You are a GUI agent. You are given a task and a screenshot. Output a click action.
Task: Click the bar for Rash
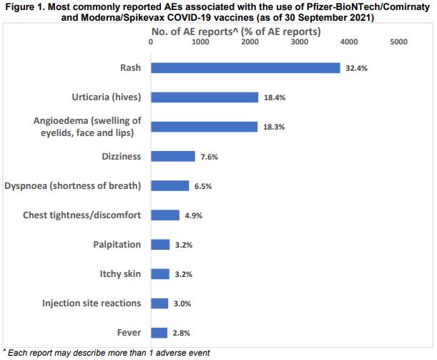coord(245,68)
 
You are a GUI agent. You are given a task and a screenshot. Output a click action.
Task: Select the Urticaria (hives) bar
coord(205,97)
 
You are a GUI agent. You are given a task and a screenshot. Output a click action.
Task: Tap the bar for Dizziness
coord(172,156)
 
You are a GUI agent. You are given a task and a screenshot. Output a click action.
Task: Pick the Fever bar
coord(159,333)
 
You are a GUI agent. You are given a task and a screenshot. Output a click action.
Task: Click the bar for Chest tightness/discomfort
coord(165,215)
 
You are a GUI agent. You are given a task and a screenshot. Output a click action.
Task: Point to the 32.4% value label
coord(355,69)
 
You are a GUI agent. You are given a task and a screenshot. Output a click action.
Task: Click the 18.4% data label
coord(273,98)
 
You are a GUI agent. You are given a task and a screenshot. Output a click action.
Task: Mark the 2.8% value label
coord(182,334)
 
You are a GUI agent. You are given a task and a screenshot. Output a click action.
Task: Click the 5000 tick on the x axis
coord(398,42)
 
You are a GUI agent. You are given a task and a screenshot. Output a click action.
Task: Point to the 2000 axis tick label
coord(250,42)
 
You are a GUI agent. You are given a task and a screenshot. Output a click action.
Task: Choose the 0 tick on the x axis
coord(151,42)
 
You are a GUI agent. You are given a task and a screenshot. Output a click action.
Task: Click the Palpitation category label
coord(117,244)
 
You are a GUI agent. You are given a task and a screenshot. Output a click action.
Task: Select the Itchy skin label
coord(120,273)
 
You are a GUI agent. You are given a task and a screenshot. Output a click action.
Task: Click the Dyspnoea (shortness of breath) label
coord(73,185)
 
